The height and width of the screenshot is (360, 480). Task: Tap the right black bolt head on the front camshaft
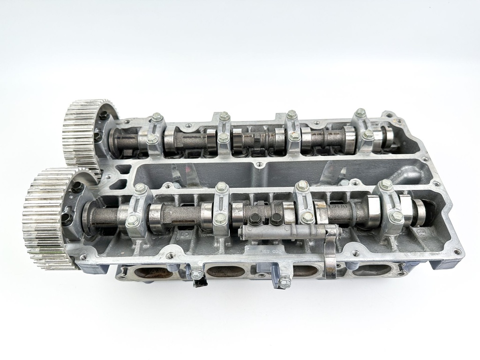click(x=276, y=218)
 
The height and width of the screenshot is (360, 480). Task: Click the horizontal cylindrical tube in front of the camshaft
click(x=281, y=231)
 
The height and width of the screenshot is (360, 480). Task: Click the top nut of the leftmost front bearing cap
click(x=139, y=188)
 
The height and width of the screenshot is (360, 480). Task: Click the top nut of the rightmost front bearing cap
click(x=386, y=184)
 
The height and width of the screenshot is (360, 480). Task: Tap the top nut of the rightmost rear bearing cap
click(x=360, y=113)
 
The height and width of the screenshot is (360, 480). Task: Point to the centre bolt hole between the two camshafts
click(x=257, y=165)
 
